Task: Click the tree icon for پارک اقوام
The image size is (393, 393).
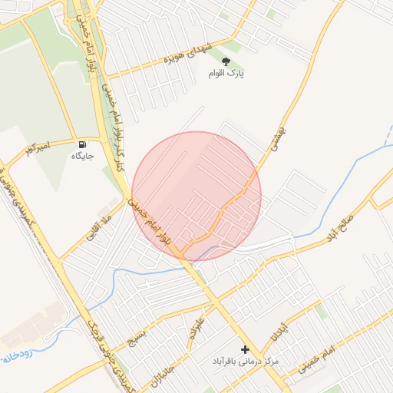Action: point(226,61)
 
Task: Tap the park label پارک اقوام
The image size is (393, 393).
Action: point(226,74)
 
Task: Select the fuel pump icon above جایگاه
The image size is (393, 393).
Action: point(82,144)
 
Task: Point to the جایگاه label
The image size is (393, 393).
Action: point(82,156)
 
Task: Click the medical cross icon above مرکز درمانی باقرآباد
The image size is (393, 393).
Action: point(245,349)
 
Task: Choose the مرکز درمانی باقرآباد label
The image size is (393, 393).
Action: point(246,361)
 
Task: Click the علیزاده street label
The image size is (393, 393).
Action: point(198,322)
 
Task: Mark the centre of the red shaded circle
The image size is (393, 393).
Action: point(196,196)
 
